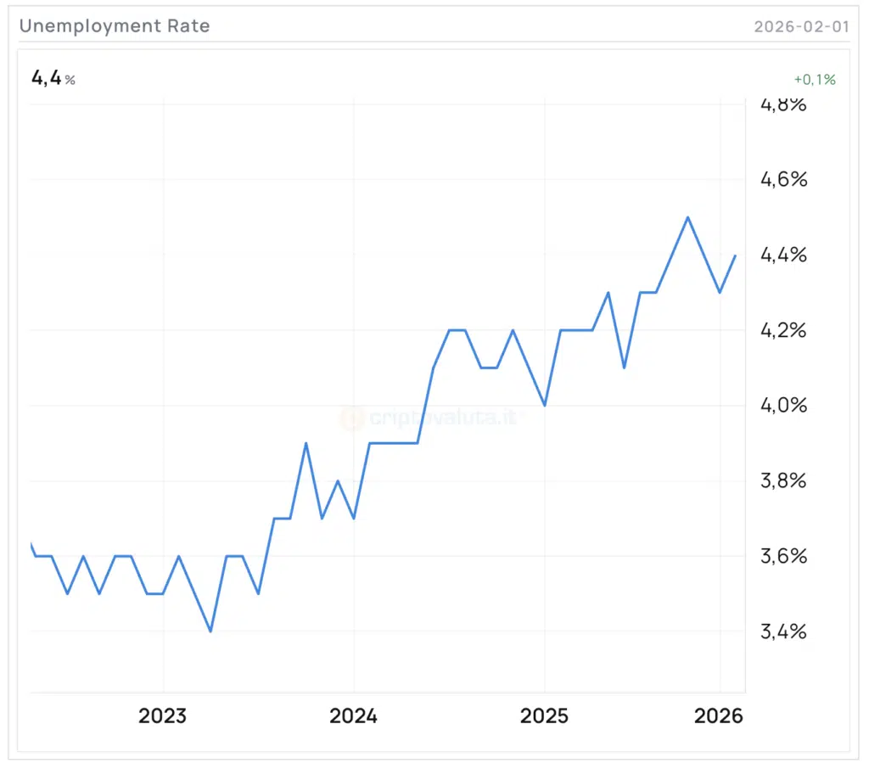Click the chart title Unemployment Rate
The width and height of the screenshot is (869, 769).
115,26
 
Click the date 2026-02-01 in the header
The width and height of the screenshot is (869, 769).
801,26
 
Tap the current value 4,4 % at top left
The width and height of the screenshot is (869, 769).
53,79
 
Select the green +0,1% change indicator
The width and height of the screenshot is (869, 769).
815,80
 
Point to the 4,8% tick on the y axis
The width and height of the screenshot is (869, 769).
783,105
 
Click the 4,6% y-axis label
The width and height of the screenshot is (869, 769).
783,179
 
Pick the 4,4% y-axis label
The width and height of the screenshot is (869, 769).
783,255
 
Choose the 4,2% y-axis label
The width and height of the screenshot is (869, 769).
783,330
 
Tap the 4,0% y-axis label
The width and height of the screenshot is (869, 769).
783,405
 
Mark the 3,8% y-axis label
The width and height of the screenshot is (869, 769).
783,481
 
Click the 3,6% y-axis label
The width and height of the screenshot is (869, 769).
783,556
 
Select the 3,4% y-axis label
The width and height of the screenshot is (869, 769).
783,631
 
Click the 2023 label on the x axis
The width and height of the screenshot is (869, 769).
163,716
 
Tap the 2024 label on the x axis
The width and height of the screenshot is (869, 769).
354,716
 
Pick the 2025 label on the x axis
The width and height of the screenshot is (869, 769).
544,716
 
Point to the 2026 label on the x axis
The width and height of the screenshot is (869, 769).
719,716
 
